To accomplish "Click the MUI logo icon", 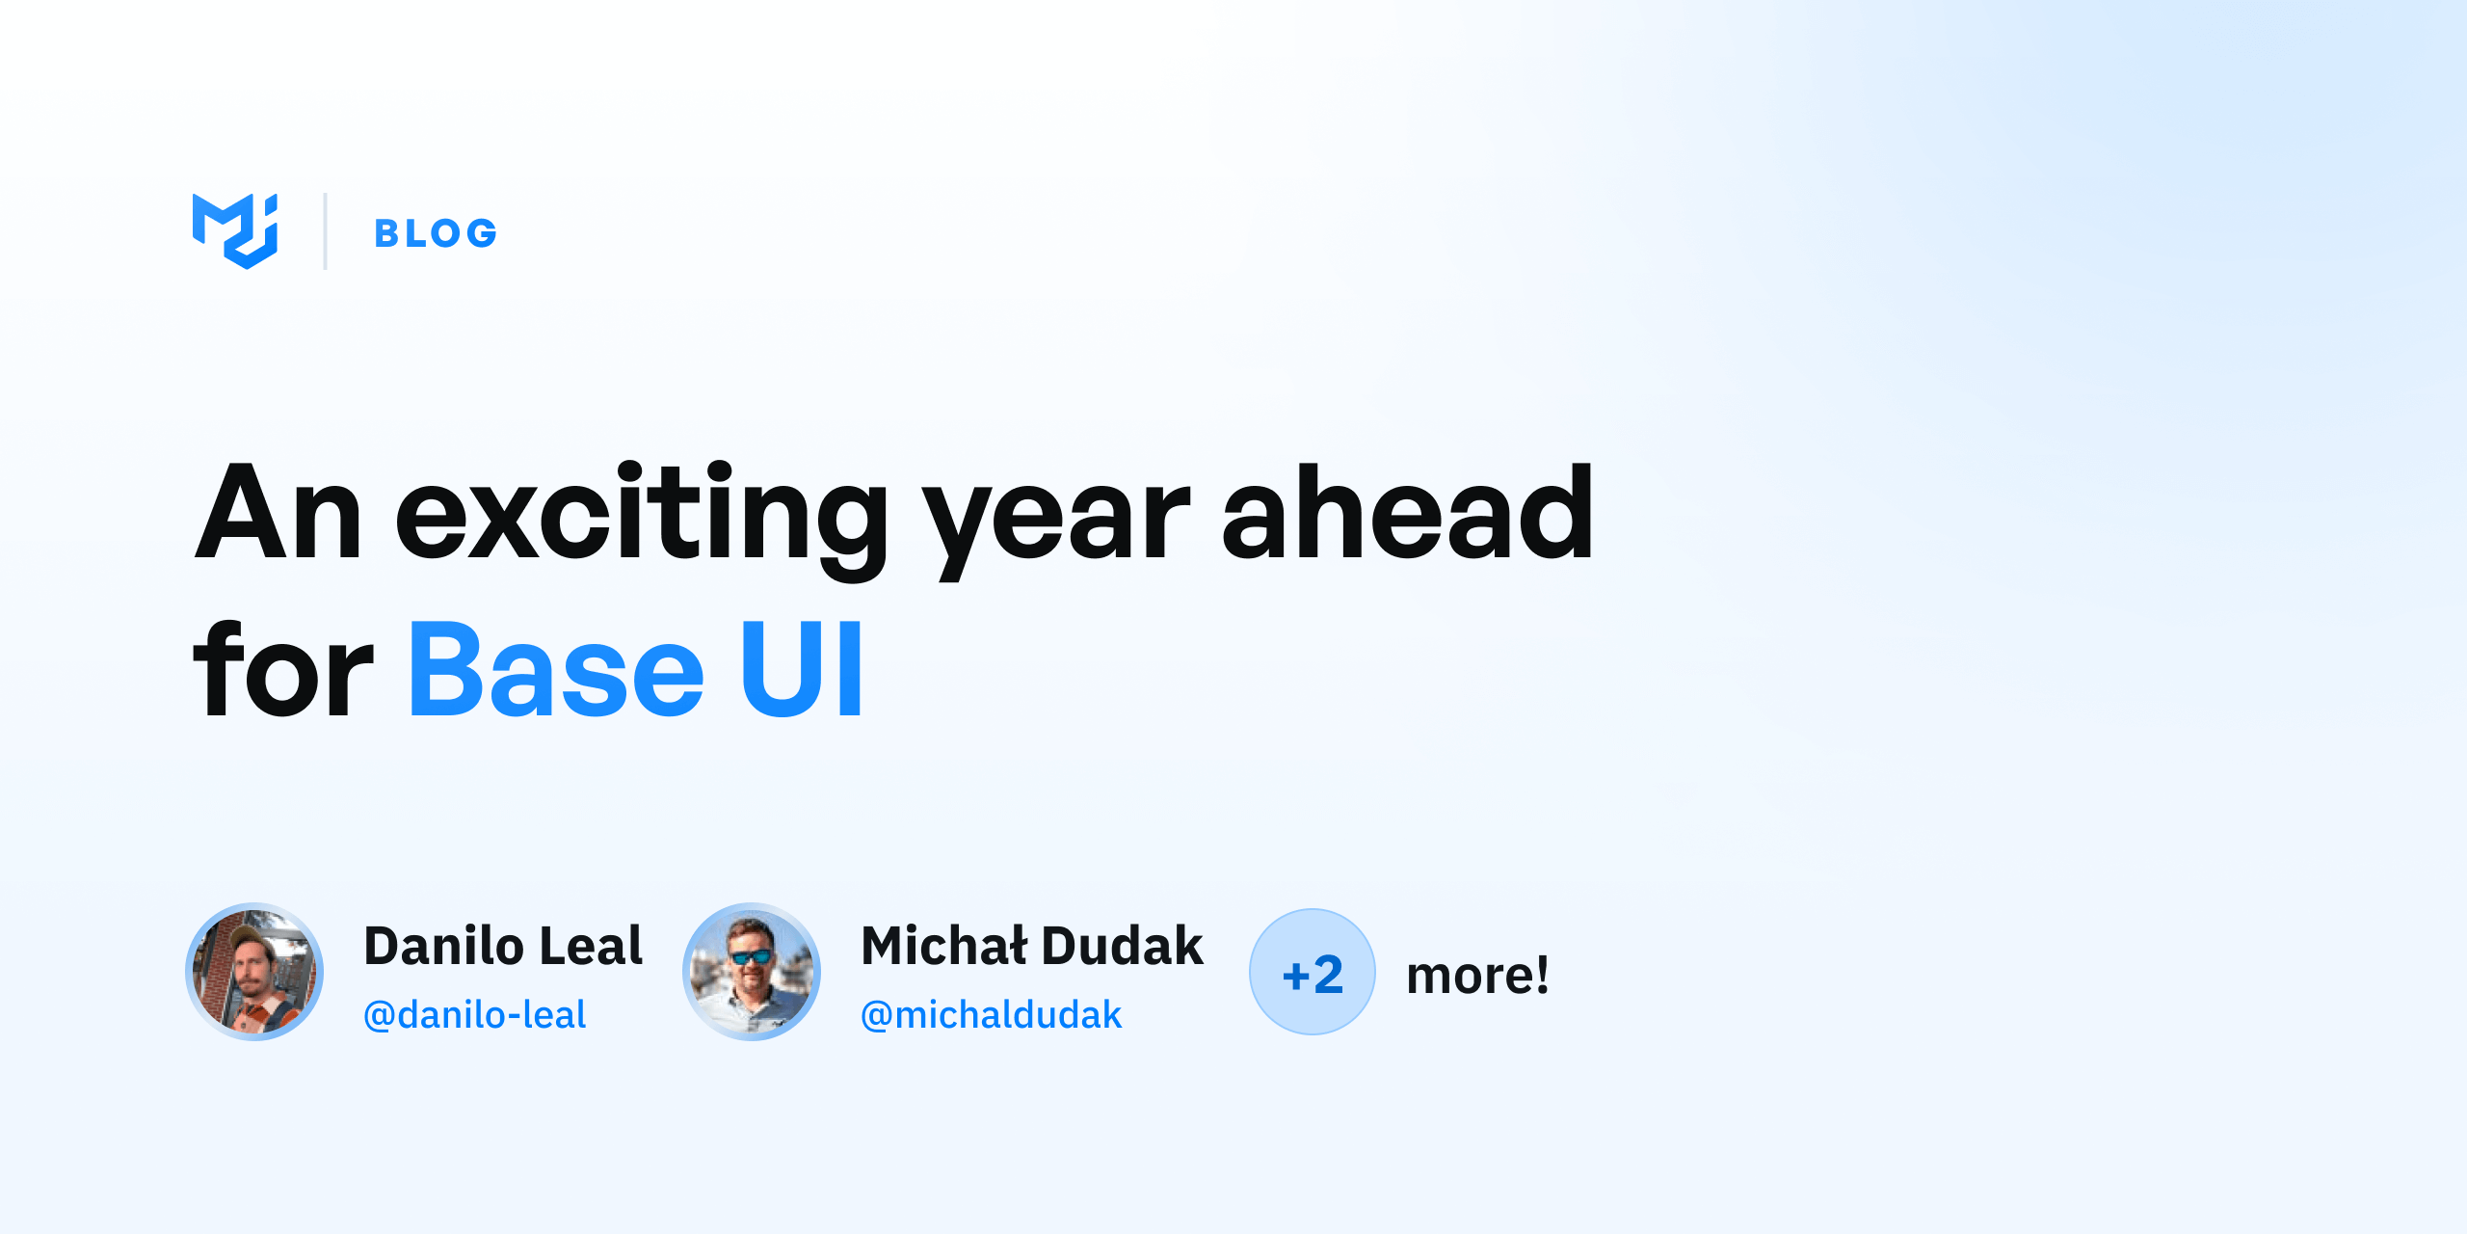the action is point(235,231).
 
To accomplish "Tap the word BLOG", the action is point(436,233).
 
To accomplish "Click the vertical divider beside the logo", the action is point(326,231).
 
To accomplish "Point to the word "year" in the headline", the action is point(1056,525).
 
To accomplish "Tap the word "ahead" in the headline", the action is point(1408,511).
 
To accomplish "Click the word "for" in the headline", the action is point(283,669).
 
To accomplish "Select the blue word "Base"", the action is point(556,669).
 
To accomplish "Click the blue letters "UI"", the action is point(802,669).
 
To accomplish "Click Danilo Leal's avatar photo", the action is point(254,972).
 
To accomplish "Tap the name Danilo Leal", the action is point(503,946).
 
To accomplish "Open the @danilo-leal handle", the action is point(474,1015).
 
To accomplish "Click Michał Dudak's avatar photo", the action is point(752,972).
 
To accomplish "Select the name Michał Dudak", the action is point(1032,946).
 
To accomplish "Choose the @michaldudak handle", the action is point(992,1015).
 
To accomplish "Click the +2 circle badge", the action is point(1313,972).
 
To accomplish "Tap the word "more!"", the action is point(1478,975).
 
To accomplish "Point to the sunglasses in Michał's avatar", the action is point(751,956).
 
